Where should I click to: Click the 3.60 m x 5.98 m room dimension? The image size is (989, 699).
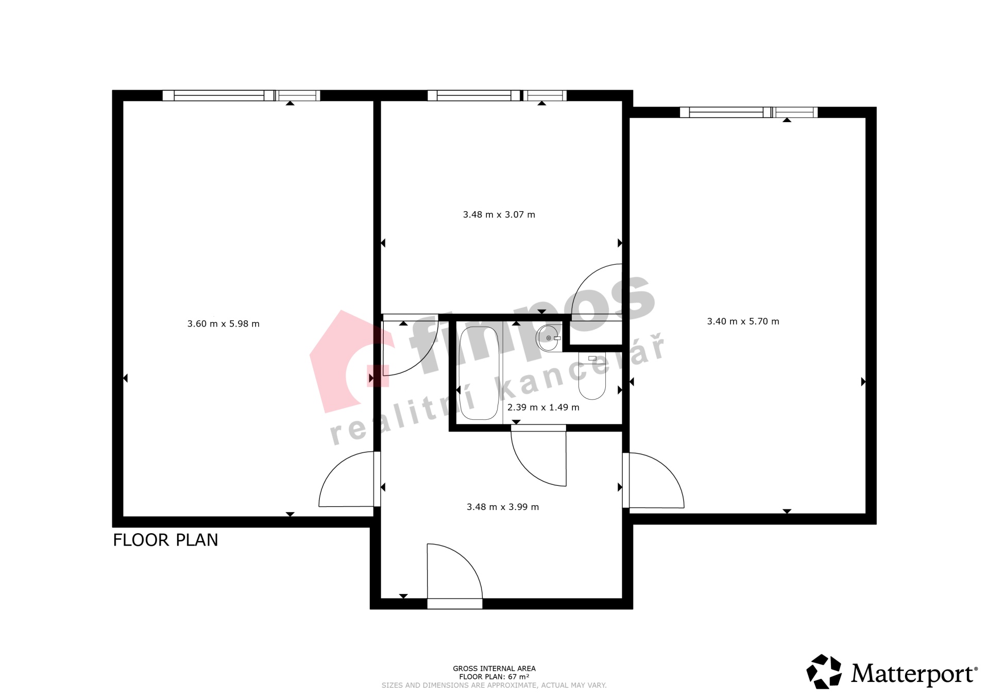coord(224,324)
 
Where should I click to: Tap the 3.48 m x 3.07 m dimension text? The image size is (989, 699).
coord(499,215)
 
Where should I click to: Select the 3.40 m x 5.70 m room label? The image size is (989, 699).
coord(743,321)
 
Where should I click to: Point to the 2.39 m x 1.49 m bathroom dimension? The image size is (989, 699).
coord(543,407)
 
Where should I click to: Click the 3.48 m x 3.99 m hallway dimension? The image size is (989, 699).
coord(503,507)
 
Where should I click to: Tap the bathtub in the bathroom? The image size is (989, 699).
coord(479,373)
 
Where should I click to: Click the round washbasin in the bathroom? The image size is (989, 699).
coord(548,338)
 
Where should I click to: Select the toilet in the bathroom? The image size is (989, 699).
coord(592,376)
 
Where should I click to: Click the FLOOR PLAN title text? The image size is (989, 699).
coord(165,540)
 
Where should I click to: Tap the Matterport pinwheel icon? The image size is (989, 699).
coord(824,671)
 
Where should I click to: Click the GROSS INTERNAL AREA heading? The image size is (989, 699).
coord(494,669)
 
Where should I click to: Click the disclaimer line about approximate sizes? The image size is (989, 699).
coord(494,685)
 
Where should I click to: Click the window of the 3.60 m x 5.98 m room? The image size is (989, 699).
coord(241,95)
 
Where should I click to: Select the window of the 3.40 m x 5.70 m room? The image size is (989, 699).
coord(749,112)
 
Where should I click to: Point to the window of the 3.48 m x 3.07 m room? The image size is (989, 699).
coord(497,95)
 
